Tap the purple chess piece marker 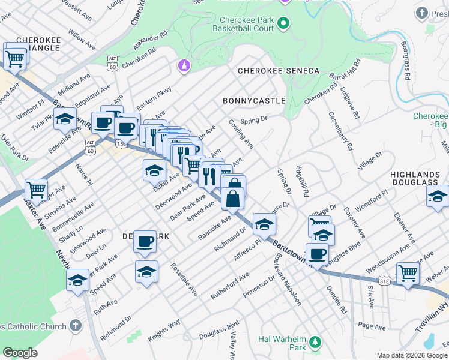tap(184, 64)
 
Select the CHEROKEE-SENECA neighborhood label tap(279, 71)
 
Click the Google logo tap(20, 353)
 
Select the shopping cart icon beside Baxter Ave tap(37, 190)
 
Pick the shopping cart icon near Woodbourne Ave tap(408, 272)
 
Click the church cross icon tap(75, 326)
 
